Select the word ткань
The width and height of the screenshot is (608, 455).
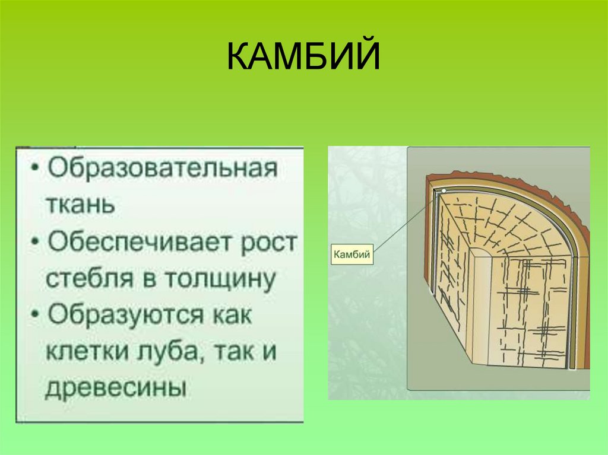[x=80, y=203]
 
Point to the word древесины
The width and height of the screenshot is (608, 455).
[x=115, y=389]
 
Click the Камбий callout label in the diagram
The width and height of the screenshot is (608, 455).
[x=352, y=255]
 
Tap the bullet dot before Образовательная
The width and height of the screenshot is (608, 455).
[x=37, y=168]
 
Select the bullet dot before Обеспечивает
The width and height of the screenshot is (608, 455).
[x=37, y=243]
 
